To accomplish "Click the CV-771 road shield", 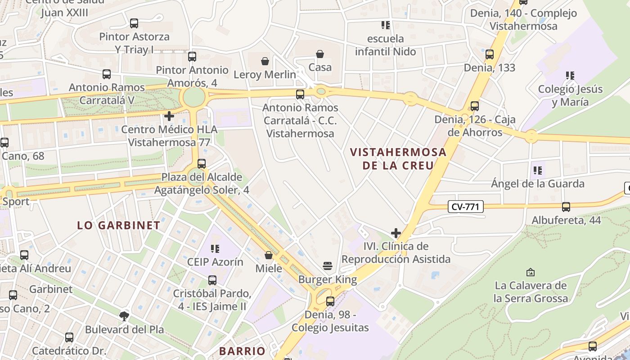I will [466, 207].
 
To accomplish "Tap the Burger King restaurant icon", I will [328, 266].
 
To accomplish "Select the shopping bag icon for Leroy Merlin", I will [265, 61].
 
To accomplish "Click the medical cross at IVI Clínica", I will [396, 233].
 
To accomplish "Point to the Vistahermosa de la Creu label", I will [398, 158].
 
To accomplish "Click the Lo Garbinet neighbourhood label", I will [119, 225].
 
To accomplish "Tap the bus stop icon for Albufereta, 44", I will [566, 207].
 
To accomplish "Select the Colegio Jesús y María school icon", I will [570, 76].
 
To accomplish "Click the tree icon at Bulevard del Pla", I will [124, 316].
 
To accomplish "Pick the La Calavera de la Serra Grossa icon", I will [531, 272].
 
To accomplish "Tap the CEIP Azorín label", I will [215, 262].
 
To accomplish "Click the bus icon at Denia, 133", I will [490, 54].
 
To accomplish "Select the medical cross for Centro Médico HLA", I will [169, 116].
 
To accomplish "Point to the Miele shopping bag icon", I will [269, 255].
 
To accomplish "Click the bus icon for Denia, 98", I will [330, 301].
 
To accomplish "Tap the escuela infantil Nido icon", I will [385, 25].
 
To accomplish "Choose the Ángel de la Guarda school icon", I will [538, 171].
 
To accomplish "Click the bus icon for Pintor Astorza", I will [134, 23].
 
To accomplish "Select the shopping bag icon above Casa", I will [320, 54].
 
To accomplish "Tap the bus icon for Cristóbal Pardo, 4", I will [212, 280].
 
